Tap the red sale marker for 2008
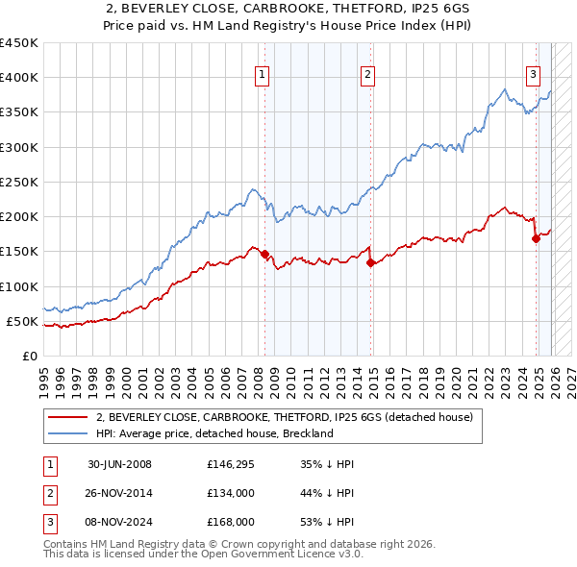pos(264,255)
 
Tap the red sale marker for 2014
pos(370,262)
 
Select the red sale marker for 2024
pos(536,239)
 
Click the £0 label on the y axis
pos(29,356)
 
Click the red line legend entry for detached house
pos(284,418)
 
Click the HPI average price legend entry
pos(213,433)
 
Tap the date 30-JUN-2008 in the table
pos(119,464)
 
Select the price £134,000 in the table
pos(230,493)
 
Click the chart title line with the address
pos(288,9)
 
